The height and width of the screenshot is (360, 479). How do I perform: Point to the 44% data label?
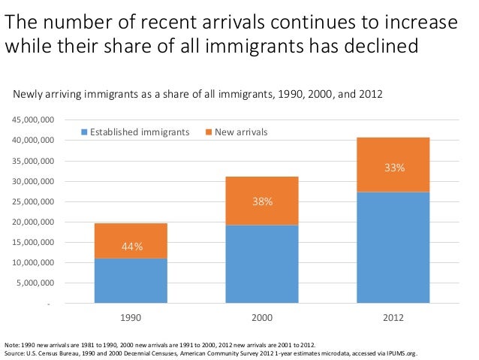pos(132,246)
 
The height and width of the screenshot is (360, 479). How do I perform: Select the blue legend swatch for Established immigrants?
pos(84,133)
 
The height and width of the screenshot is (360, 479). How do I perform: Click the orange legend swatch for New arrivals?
pos(208,133)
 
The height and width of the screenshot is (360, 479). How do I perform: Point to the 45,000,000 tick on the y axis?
pos(32,120)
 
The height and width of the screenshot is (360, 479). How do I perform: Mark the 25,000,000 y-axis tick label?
pos(32,202)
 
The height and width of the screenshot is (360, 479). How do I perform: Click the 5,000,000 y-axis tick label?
pos(35,284)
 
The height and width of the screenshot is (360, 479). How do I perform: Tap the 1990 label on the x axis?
pos(131,318)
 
